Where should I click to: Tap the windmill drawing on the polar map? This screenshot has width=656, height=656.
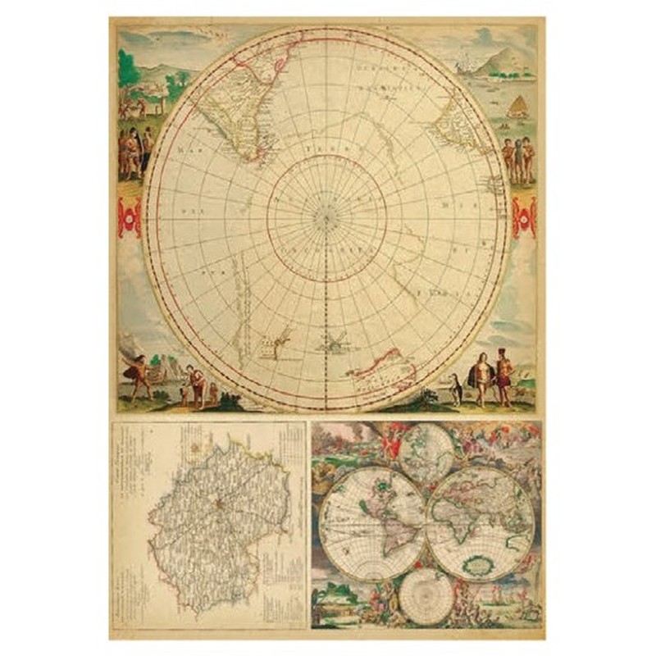(335, 343)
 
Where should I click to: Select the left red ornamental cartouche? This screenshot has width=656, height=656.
(129, 216)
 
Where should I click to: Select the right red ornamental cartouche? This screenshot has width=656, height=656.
(523, 216)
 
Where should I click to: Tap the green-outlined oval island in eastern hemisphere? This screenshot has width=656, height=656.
(476, 564)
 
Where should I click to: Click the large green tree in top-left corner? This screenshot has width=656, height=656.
(130, 70)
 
